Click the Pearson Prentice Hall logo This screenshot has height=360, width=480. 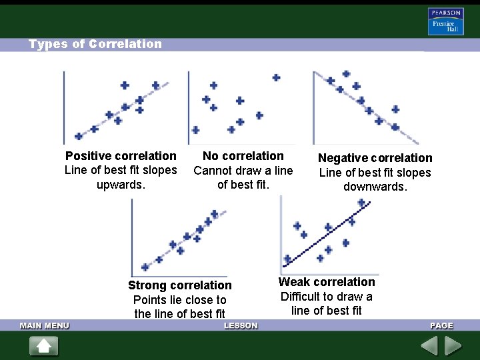point(445,21)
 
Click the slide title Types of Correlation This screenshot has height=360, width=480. point(95,44)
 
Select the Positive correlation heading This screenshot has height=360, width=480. point(121,156)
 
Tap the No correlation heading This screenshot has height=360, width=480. point(243,156)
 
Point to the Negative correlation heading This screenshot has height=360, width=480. point(375,158)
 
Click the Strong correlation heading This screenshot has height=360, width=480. point(180,285)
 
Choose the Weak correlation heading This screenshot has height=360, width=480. point(327,282)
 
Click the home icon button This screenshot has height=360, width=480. point(44,346)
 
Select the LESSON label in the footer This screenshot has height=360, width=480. point(241,325)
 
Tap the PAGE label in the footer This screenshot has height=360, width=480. point(441,325)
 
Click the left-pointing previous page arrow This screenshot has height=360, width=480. point(429,346)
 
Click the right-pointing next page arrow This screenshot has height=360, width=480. point(453,346)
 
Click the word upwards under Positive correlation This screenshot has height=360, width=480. point(121,185)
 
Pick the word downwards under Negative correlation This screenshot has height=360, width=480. point(375,187)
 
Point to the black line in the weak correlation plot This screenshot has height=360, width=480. point(320,235)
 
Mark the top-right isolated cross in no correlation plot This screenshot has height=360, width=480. point(276,78)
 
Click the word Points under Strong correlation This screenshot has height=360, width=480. point(150,300)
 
